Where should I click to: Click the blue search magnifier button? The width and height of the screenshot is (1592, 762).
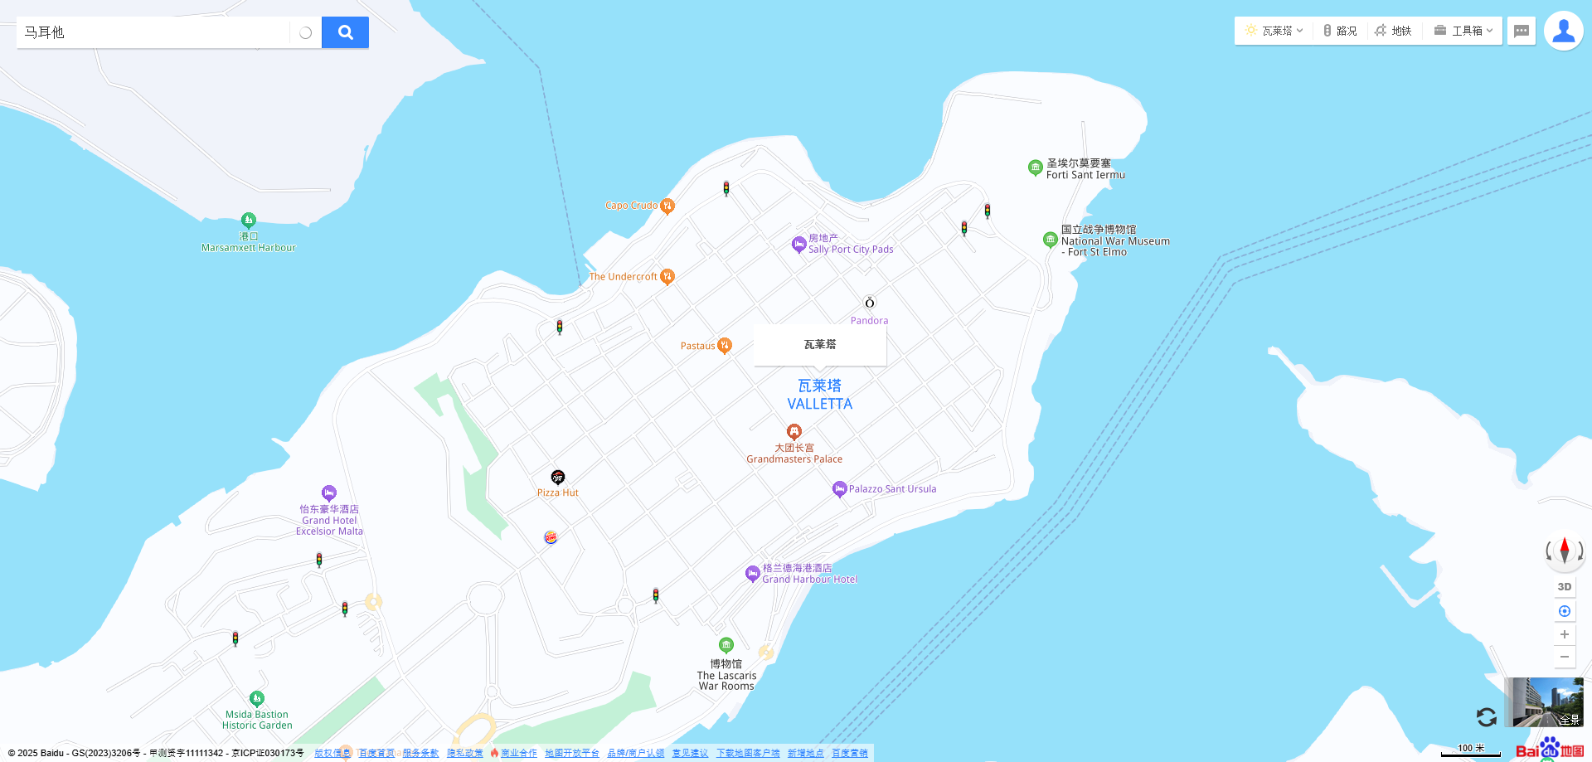345,32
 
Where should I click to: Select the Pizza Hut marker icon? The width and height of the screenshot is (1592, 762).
558,477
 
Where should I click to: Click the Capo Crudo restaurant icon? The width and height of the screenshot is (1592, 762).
667,206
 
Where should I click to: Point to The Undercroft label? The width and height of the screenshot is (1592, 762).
623,277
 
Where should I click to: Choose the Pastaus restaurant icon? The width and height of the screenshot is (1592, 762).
725,345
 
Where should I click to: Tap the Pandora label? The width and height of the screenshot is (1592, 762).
869,321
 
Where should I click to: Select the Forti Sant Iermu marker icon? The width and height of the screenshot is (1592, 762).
1035,167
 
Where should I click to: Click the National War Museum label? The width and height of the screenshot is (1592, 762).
1114,241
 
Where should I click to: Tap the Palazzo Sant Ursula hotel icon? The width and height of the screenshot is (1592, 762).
839,488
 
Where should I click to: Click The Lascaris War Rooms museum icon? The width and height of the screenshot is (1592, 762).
726,645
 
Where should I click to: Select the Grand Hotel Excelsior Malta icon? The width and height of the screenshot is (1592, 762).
329,493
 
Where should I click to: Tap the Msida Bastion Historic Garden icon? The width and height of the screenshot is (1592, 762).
257,698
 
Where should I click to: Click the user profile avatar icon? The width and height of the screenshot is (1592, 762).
1563,32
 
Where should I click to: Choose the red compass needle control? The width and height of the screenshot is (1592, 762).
1565,550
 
